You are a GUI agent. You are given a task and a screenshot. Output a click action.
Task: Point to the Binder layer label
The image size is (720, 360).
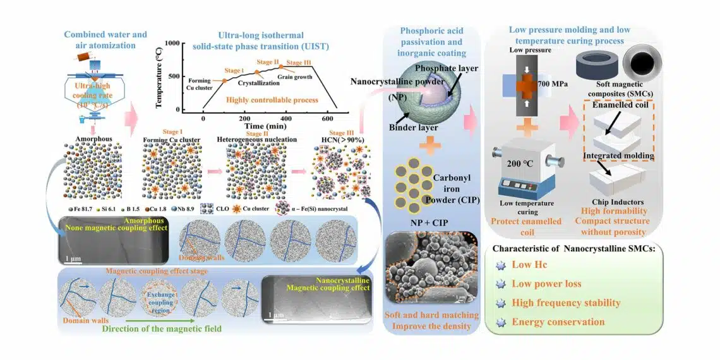click(x=413, y=127)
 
